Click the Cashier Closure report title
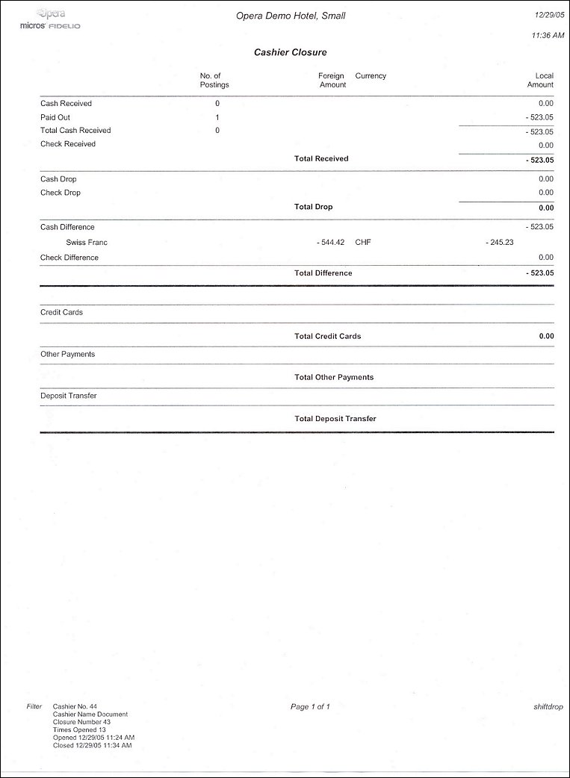[290, 52]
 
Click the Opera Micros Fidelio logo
[51, 20]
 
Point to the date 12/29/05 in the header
[549, 14]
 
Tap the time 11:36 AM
[548, 35]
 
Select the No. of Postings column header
[214, 80]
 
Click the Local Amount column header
[540, 80]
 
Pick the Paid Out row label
[55, 117]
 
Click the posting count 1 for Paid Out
[217, 117]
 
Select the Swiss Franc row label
[87, 243]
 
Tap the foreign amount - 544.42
[330, 243]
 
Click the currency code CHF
[363, 243]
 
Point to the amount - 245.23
[499, 243]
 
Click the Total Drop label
[314, 207]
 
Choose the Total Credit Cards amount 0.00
[546, 336]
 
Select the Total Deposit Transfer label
[335, 419]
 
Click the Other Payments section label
[67, 354]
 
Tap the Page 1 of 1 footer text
[310, 706]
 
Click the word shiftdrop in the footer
[548, 706]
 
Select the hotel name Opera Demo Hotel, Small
[291, 16]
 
